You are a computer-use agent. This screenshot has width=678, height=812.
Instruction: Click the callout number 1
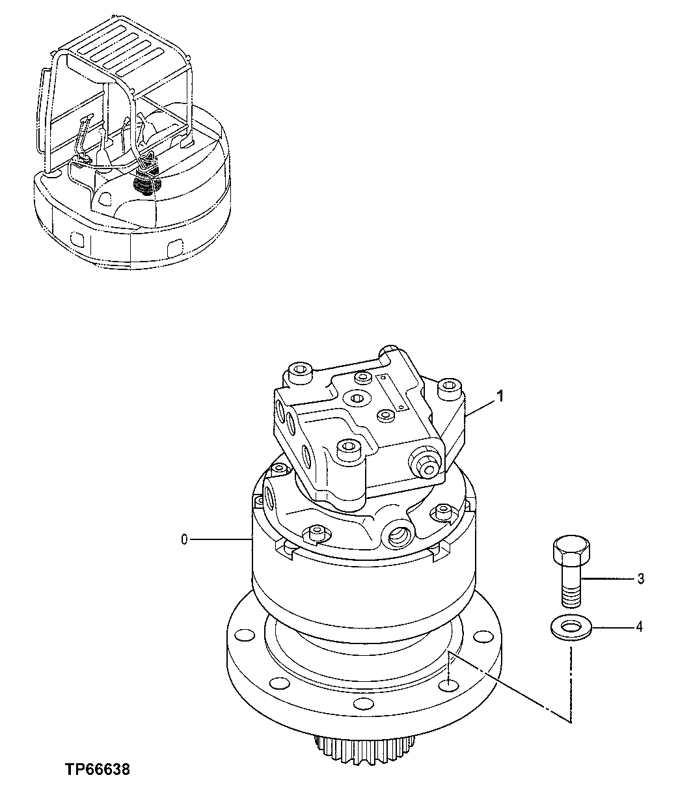pos(500,395)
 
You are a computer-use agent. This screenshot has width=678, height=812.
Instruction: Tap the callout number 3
pos(640,578)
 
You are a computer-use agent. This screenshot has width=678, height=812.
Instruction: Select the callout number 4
pos(639,627)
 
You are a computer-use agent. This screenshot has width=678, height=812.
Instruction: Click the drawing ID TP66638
pos(98,770)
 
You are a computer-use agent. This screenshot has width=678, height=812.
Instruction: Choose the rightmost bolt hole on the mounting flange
pos(482,636)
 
